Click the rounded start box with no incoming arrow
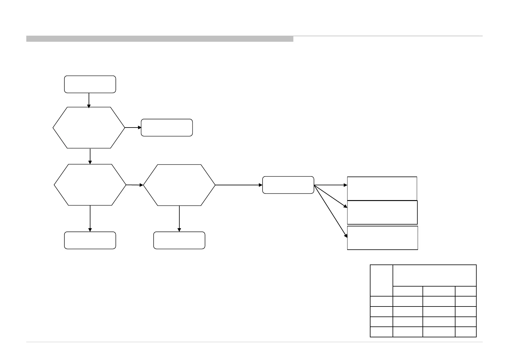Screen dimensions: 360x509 click(90, 84)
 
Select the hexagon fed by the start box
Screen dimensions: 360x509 click(89, 128)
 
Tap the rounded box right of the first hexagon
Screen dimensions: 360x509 click(167, 128)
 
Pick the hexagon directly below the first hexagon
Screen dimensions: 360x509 click(90, 185)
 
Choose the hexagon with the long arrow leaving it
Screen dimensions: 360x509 click(179, 185)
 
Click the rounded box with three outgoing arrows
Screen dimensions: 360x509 click(288, 185)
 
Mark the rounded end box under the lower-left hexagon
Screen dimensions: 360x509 click(90, 240)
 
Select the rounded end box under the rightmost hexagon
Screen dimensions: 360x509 click(179, 240)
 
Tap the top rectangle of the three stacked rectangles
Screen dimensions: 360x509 click(382, 188)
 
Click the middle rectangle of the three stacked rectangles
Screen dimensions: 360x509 click(382, 212)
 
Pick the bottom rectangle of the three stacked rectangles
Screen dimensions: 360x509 click(382, 238)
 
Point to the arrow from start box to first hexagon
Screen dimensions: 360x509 click(89, 100)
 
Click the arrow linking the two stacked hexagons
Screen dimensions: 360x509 click(90, 156)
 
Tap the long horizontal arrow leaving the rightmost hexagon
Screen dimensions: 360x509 click(239, 185)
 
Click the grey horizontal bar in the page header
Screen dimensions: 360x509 click(160, 39)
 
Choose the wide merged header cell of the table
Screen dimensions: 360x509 click(434, 275)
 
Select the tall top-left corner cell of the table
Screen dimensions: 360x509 click(381, 280)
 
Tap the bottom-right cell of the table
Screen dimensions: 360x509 click(465, 332)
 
